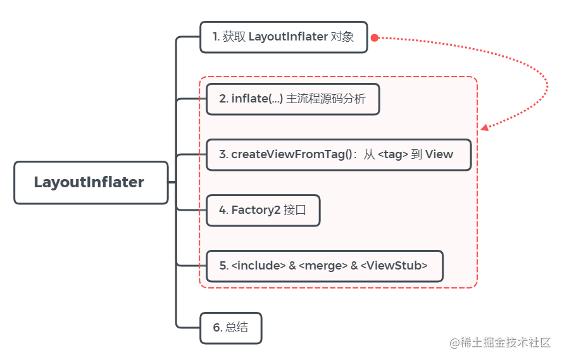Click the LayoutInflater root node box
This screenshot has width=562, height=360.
click(x=91, y=182)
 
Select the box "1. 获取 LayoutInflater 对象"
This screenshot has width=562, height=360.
click(x=284, y=37)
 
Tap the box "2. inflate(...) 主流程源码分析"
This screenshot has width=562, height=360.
click(x=292, y=99)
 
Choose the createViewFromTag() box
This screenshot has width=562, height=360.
click(x=339, y=154)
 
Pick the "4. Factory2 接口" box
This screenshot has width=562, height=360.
click(x=263, y=210)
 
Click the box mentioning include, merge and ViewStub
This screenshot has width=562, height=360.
click(x=324, y=266)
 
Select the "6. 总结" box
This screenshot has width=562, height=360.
click(x=230, y=328)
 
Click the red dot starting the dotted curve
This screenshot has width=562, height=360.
click(x=374, y=38)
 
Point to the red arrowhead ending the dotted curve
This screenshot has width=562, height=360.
click(x=484, y=128)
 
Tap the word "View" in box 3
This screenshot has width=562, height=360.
click(x=439, y=154)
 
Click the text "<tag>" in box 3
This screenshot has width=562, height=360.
click(x=392, y=154)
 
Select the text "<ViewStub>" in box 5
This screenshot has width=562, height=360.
click(x=394, y=266)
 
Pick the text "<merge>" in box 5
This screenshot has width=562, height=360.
click(x=323, y=266)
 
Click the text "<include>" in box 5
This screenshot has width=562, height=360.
click(x=259, y=266)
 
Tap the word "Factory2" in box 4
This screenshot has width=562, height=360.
click(x=256, y=210)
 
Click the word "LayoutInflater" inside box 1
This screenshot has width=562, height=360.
click(x=288, y=37)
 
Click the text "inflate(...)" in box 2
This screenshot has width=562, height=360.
click(x=257, y=99)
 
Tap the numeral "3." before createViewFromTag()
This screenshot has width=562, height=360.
click(x=223, y=154)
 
